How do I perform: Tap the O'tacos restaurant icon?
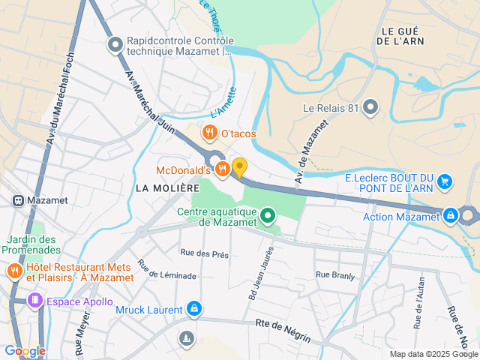(210, 133)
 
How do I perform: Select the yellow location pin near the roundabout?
(239, 167)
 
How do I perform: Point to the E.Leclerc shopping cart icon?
(445, 181)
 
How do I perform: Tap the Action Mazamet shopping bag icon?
(450, 217)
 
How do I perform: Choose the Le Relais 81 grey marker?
(370, 107)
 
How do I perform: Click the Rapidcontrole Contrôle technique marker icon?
(115, 46)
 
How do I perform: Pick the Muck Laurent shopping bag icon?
(194, 309)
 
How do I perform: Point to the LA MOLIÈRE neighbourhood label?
(167, 187)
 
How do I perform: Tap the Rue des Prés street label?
(204, 254)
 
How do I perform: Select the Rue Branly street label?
(334, 275)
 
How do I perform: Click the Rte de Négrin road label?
(283, 330)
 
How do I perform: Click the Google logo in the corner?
(25, 350)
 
